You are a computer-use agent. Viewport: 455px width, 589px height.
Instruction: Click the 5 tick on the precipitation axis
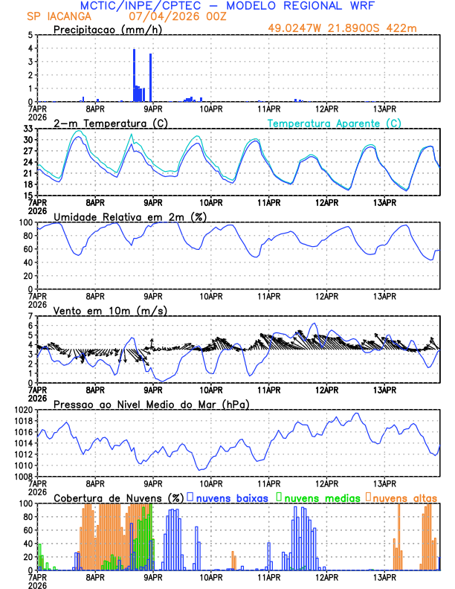pyautogui.click(x=30, y=35)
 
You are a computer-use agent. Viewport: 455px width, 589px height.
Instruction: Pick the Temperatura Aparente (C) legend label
pyautogui.click(x=335, y=123)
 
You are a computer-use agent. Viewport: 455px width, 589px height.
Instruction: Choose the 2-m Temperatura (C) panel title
pyautogui.click(x=109, y=123)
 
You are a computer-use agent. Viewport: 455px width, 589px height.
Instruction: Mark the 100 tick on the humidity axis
pyautogui.click(x=25, y=222)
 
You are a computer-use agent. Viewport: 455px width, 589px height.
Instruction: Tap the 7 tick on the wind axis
pyautogui.click(x=30, y=316)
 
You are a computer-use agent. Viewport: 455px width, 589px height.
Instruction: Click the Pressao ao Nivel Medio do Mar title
pyautogui.click(x=151, y=404)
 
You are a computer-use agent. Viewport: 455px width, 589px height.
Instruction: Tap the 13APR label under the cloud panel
pyautogui.click(x=384, y=576)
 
